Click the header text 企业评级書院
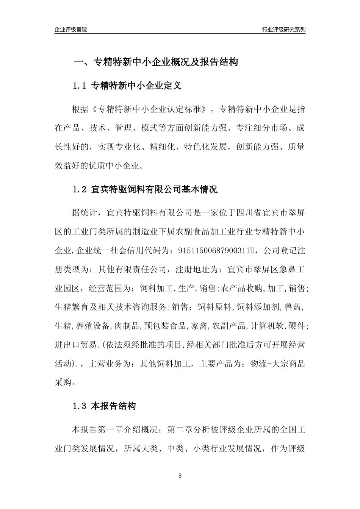click(71, 30)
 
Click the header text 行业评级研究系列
click(283, 30)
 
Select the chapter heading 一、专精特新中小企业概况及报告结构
click(155, 62)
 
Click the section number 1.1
click(80, 86)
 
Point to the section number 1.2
click(80, 190)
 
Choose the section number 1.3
click(80, 407)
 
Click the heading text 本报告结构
click(113, 407)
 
